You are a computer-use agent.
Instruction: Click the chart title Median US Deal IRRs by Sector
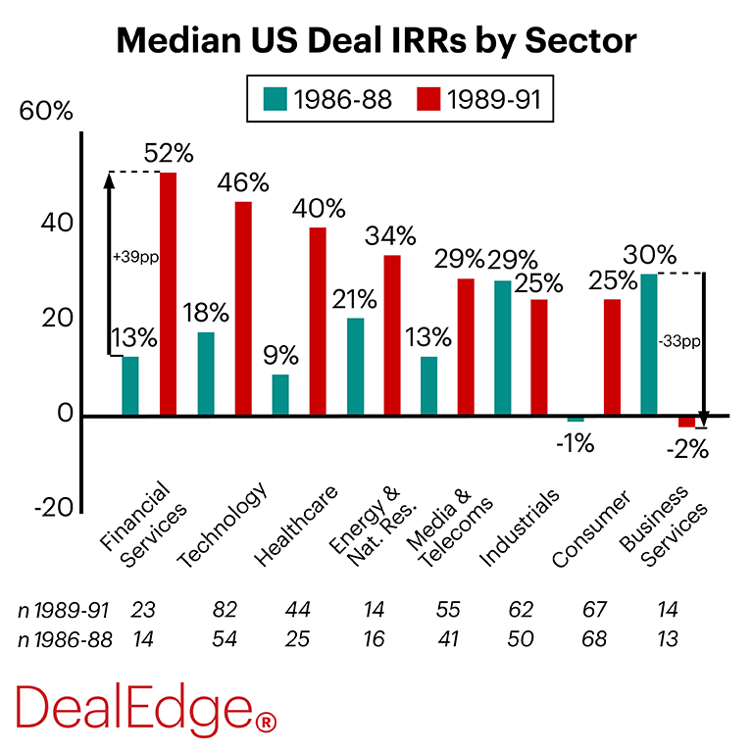pos(376,41)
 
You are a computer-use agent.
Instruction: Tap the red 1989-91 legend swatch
pos(428,99)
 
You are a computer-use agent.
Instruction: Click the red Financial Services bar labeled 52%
pos(169,294)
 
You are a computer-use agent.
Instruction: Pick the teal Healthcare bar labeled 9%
pos(280,395)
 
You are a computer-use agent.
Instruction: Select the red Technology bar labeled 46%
pos(243,309)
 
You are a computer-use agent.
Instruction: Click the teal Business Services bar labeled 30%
pos(649,345)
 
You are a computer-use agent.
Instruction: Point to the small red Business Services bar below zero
pos(686,422)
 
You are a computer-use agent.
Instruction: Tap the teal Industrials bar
pos(502,348)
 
